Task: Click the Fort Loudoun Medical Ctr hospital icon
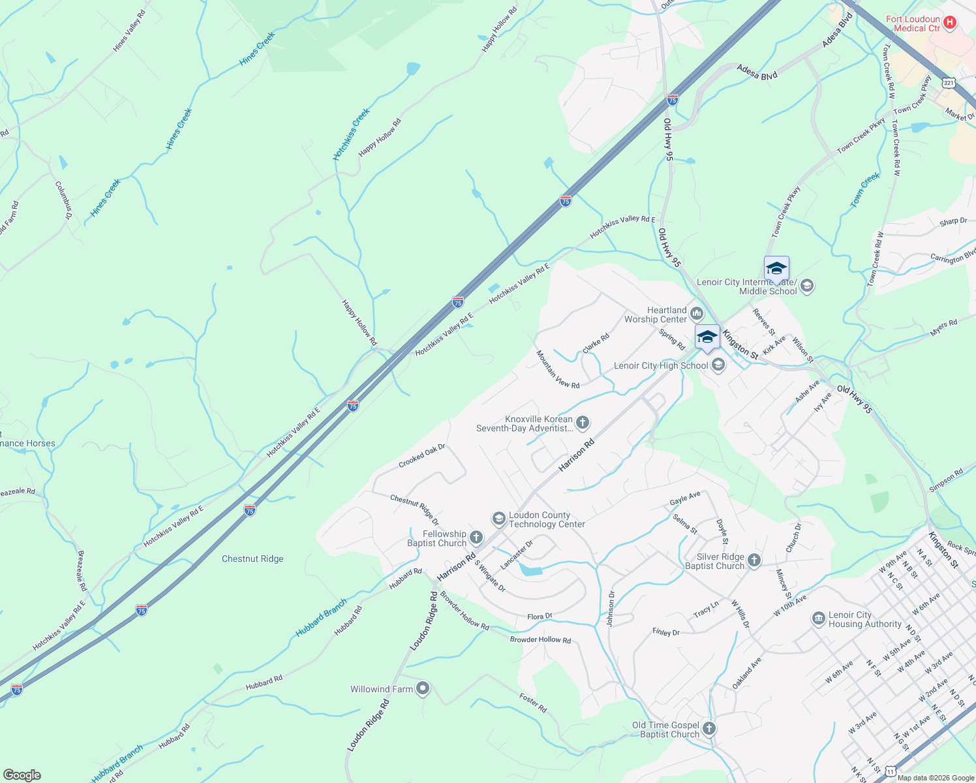point(950,23)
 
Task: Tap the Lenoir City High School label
point(660,365)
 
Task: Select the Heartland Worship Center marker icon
point(697,315)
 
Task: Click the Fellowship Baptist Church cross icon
point(476,538)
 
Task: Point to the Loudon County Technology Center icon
point(499,519)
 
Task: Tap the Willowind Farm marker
point(423,688)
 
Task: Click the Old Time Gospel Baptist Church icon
point(709,729)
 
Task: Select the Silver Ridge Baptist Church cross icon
point(754,560)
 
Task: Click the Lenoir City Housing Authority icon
point(819,619)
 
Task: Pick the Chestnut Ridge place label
point(252,559)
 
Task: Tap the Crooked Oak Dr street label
point(421,455)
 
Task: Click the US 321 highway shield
point(949,83)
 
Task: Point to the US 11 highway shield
point(891,771)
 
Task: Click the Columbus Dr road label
point(63,200)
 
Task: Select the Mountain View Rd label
point(558,369)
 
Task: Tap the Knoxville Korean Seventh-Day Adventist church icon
point(583,423)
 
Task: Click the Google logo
point(22,775)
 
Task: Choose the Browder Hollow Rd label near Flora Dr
point(540,639)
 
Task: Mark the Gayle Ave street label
point(685,499)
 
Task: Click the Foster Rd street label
point(533,703)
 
